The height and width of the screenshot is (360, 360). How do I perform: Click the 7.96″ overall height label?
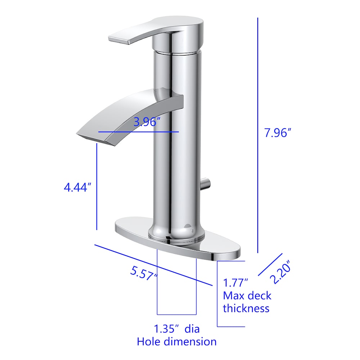click(278, 133)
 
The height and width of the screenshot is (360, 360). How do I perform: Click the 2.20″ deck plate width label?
click(282, 274)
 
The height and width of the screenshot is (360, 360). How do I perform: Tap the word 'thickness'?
click(246, 308)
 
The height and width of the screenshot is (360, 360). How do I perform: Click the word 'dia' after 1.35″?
click(192, 329)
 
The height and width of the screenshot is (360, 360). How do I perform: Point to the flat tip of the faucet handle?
click(119, 39)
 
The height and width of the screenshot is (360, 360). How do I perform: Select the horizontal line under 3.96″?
click(139, 132)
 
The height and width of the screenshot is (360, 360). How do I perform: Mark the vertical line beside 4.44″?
click(97, 187)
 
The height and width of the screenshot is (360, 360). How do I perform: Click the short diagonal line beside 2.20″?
click(270, 265)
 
